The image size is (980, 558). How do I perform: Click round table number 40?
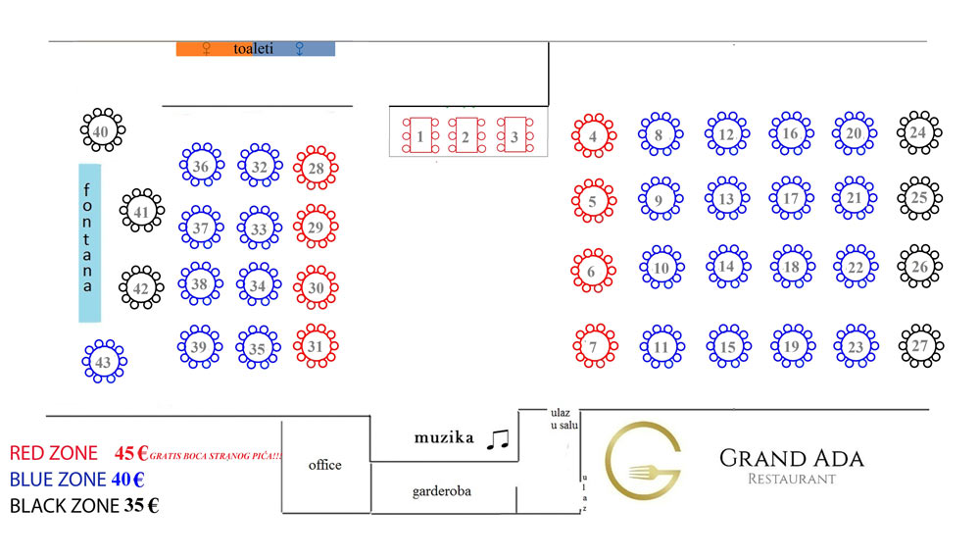pos(103,130)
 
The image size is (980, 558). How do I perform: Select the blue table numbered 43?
pos(105,361)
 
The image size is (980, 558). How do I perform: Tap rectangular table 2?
pos(466,135)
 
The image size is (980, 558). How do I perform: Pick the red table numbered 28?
pos(317,168)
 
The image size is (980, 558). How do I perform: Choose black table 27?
pos(920,345)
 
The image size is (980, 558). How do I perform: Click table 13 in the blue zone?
pos(727,198)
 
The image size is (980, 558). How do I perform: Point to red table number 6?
pos(593,271)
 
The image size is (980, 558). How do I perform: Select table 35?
pos(258,347)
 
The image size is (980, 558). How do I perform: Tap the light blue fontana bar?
pos(89,243)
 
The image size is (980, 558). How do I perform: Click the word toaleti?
pos(253,49)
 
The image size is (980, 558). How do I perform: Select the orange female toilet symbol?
pos(206,49)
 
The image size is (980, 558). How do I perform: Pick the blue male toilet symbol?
pos(299,49)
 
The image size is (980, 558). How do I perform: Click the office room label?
pos(325,465)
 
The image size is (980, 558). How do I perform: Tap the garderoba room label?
pos(441,491)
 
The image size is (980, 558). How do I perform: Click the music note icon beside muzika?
pos(498,439)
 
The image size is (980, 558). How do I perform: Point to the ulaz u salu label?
pos(563,419)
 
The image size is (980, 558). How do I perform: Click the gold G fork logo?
pos(643,461)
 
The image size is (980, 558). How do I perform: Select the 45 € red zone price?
pos(131,453)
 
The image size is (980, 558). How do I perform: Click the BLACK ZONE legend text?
pos(65,505)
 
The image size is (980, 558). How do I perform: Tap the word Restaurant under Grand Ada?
pos(791,480)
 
